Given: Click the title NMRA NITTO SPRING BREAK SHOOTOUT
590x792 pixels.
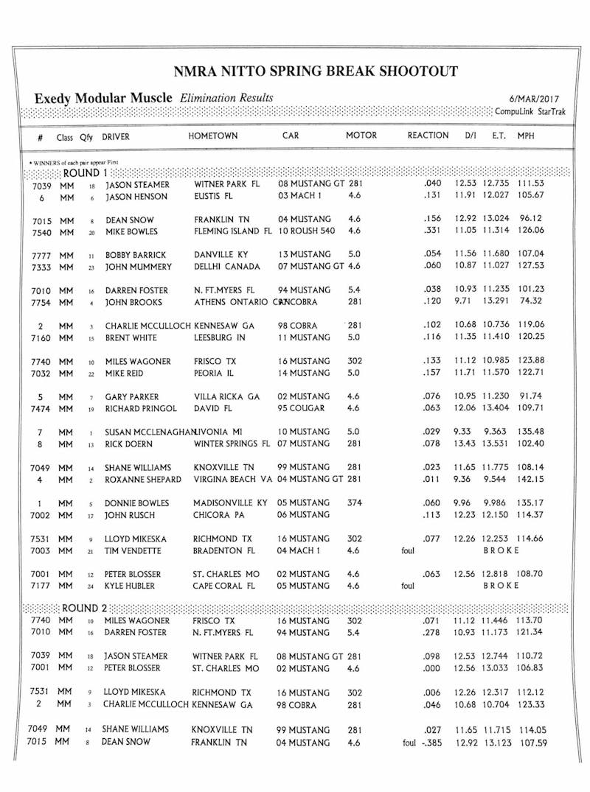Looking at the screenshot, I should click(315, 71).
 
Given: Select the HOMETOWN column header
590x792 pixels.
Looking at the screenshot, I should click(213, 136).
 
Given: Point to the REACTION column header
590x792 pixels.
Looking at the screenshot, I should click(428, 136).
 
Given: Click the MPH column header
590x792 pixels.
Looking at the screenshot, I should click(526, 136).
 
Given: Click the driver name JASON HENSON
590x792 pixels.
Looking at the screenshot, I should click(136, 197).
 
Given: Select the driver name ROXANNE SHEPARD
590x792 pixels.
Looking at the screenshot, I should click(143, 480).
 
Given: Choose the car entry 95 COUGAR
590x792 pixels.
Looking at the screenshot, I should click(303, 409).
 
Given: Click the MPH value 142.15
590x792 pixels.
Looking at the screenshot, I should click(531, 480).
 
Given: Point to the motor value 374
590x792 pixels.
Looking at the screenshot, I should click(355, 502).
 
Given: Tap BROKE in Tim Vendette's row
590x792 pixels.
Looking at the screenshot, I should click(502, 550).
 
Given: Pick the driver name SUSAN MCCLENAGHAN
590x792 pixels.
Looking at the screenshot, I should click(150, 432).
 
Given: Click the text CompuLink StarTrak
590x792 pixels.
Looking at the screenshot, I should click(534, 111).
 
